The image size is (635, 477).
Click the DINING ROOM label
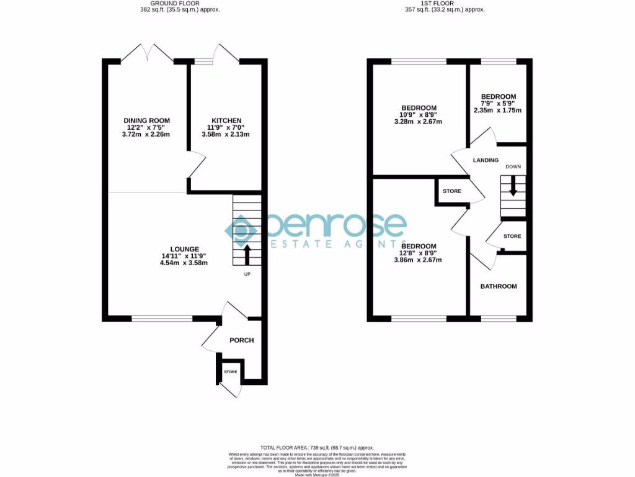146,120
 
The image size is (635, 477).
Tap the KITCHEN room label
226,120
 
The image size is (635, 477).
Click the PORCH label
242,340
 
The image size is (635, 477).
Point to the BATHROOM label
499,286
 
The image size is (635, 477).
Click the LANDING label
486,160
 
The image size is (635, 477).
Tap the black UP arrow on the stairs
247,253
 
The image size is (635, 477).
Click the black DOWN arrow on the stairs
513,187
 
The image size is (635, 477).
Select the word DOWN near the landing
513,167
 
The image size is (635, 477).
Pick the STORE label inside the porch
231,371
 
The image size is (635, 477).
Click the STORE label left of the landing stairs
452,191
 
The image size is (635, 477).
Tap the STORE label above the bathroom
512,237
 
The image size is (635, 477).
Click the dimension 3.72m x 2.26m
146,134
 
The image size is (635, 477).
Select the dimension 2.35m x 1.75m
499,111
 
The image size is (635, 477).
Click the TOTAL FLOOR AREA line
317,447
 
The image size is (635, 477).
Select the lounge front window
162,319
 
